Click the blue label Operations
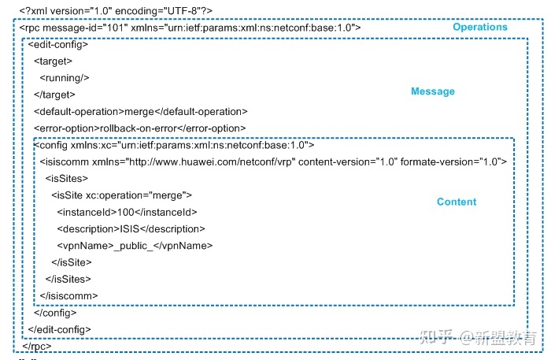pyautogui.click(x=480, y=27)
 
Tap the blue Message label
pyautogui.click(x=433, y=91)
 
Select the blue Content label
pyautogui.click(x=457, y=202)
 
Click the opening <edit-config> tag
pyautogui.click(x=58, y=45)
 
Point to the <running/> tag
pyautogui.click(x=65, y=78)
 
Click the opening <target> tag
pyautogui.click(x=53, y=61)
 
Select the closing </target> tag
pyautogui.click(x=54, y=95)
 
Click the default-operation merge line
pyautogui.click(x=141, y=112)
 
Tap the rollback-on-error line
pyautogui.click(x=140, y=128)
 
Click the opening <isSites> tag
pyautogui.click(x=67, y=179)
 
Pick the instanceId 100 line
pyautogui.click(x=127, y=213)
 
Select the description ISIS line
pyautogui.click(x=131, y=229)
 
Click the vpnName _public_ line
pyautogui.click(x=135, y=246)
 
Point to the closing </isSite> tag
pyautogui.click(x=72, y=262)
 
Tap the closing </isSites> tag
pyautogui.click(x=68, y=279)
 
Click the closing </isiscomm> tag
pyautogui.click(x=69, y=296)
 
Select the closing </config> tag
pyautogui.click(x=55, y=313)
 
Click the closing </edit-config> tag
pyautogui.click(x=59, y=330)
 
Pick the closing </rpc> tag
pyautogui.click(x=37, y=347)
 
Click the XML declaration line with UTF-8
pyautogui.click(x=116, y=11)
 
